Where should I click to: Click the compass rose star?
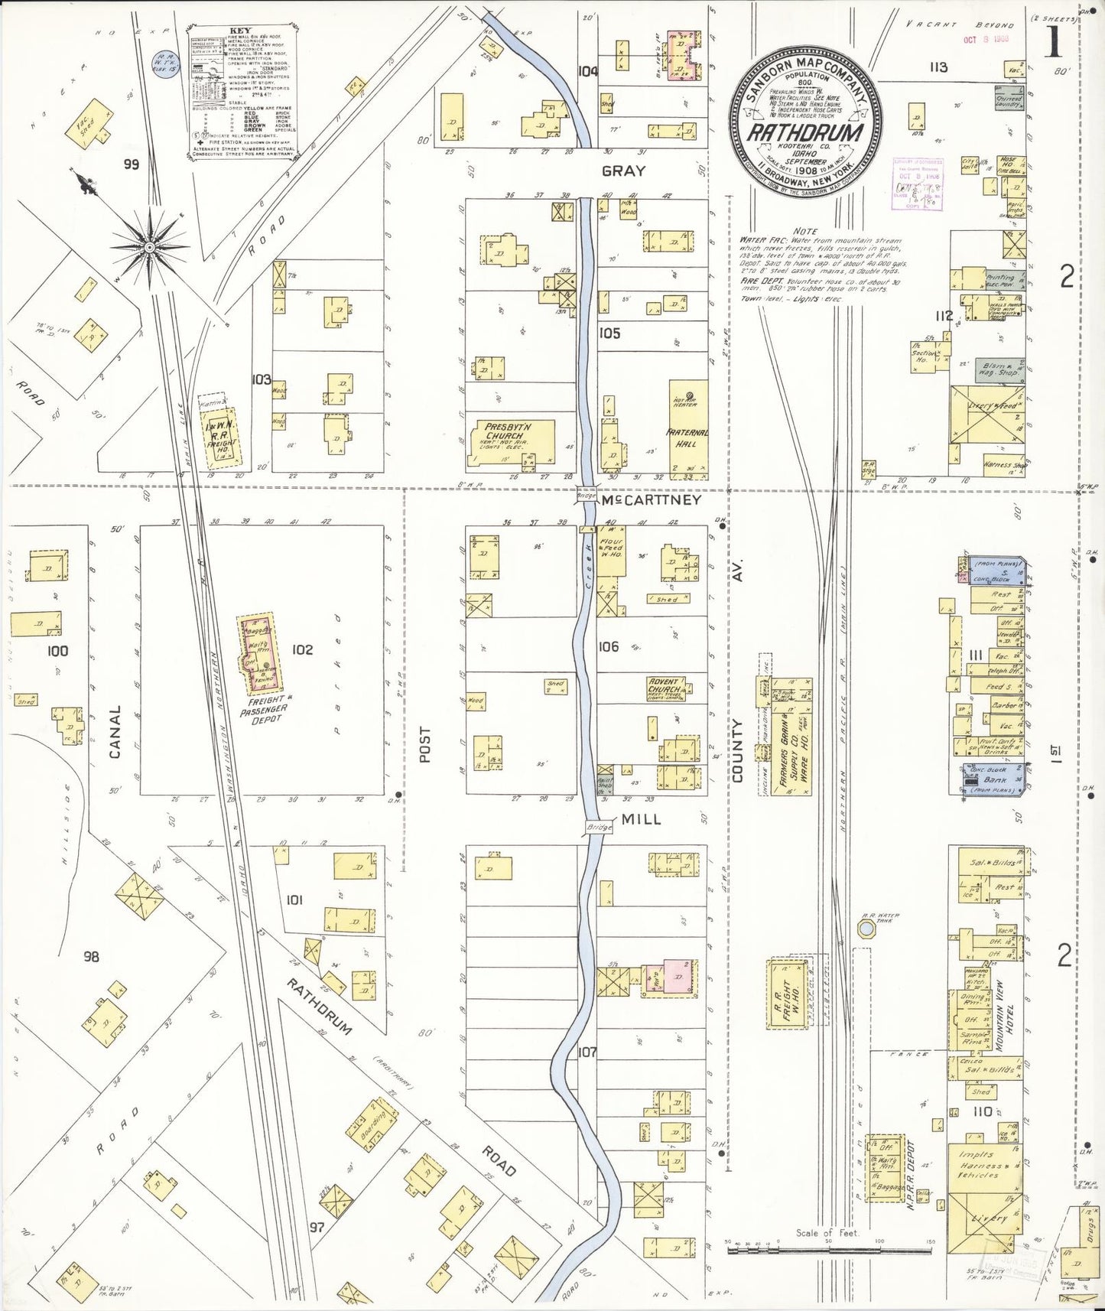tap(150, 249)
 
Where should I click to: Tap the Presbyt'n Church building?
tap(511, 444)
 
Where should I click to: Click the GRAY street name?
tap(623, 171)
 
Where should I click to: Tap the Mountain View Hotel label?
tap(1004, 1017)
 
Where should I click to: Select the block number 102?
tap(302, 650)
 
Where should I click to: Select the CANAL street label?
tap(115, 732)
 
